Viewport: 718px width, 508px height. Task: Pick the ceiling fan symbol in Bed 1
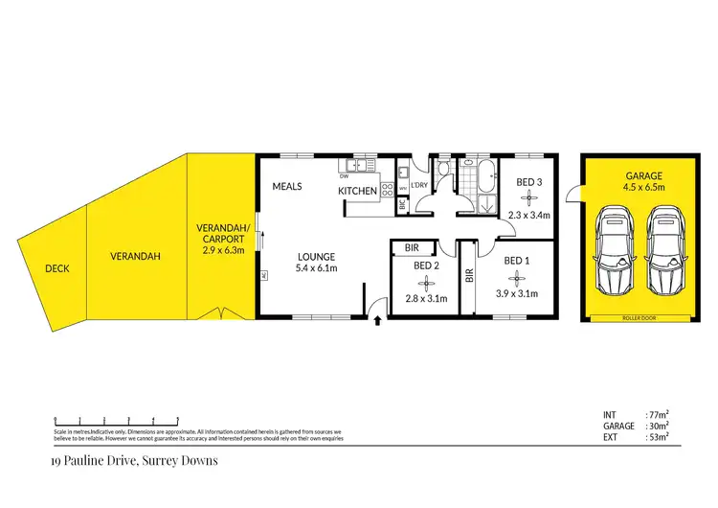point(516,278)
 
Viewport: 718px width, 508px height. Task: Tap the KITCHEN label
point(357,192)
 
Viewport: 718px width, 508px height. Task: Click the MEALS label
point(287,186)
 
